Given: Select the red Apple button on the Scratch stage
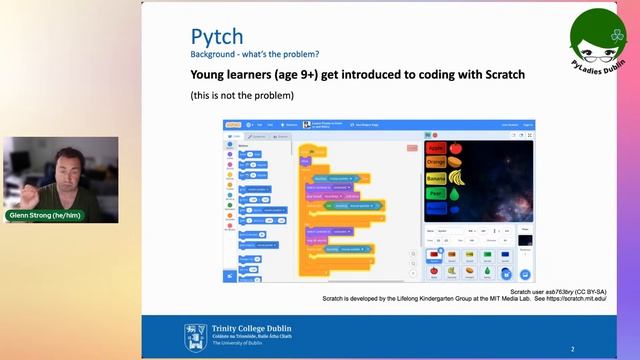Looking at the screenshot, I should [436, 148].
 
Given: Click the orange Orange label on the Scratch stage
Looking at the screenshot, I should [436, 162].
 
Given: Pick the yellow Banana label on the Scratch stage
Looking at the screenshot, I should [437, 179].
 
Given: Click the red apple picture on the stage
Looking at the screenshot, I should [455, 148].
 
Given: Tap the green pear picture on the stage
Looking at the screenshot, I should [455, 196].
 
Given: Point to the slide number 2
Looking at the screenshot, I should [572, 349].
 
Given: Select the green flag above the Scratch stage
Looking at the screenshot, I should [427, 133].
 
